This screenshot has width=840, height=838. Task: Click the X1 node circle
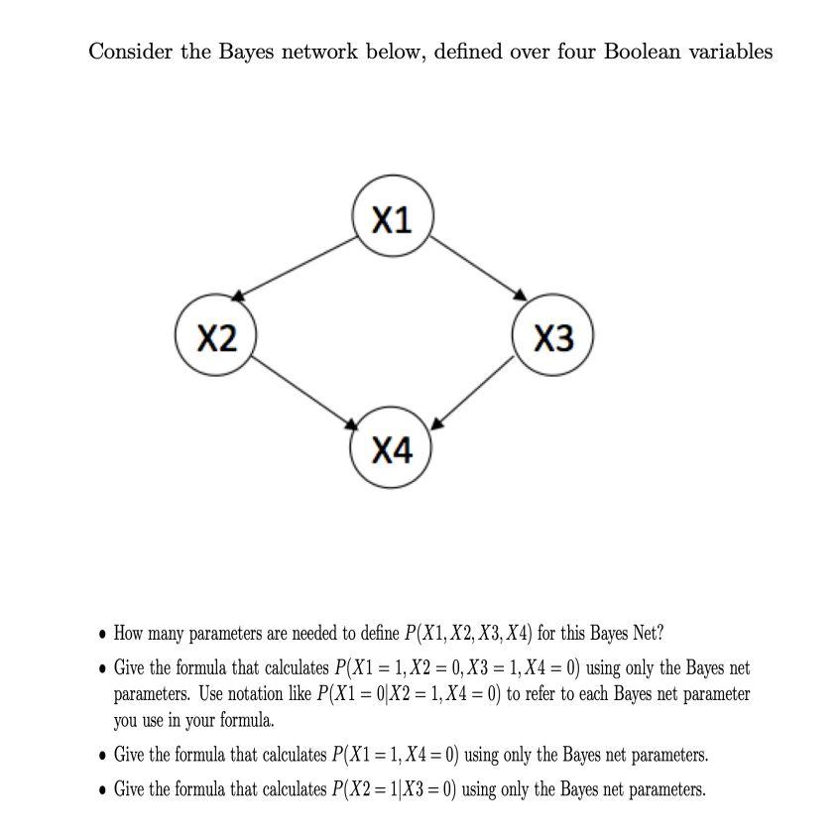pyautogui.click(x=392, y=220)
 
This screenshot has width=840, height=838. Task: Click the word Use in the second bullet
pyautogui.click(x=213, y=694)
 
